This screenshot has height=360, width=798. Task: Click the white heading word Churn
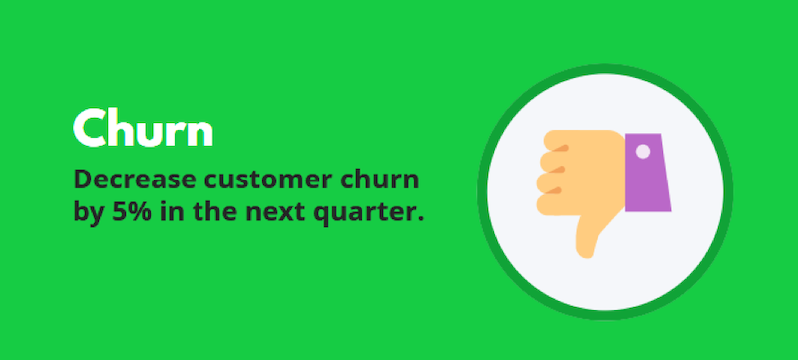pos(143,128)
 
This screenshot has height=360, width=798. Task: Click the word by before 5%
pos(90,212)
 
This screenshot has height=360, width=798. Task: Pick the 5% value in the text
pos(134,211)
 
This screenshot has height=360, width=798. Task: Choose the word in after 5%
pos(178,211)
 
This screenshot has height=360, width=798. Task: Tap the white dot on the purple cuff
pos(642,152)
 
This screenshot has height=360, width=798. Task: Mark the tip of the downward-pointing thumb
pos(590,248)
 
